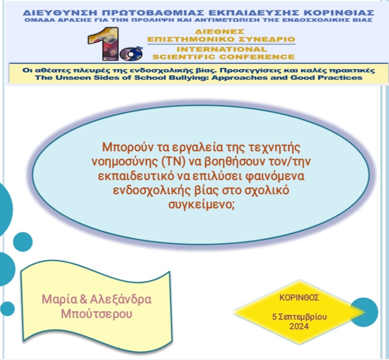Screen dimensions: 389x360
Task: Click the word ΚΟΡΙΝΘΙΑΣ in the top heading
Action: (342, 12)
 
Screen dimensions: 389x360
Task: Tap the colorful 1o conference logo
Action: (115, 44)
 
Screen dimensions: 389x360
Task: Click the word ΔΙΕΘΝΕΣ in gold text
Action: (219, 32)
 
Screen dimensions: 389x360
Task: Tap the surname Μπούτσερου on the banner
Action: (97, 314)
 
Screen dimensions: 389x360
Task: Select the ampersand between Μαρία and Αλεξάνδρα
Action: (83, 299)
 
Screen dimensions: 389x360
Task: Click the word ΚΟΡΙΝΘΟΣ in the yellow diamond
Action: (299, 297)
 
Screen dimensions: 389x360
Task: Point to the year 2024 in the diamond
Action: (299, 326)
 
